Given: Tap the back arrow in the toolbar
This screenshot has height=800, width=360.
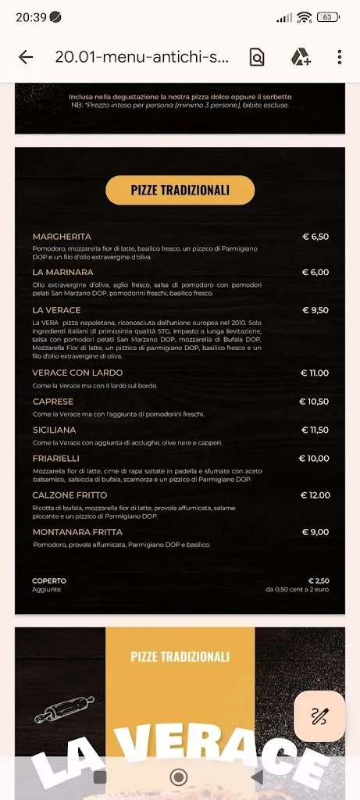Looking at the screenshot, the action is tap(26, 57).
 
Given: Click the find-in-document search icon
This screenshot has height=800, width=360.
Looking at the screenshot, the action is tap(257, 57).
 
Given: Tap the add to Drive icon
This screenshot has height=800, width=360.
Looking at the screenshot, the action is tap(301, 57).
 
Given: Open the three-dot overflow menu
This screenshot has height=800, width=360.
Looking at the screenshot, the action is tap(339, 57).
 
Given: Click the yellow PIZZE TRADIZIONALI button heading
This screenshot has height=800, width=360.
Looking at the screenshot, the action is tap(180, 190).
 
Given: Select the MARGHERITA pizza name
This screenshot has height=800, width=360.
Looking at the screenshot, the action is tap(62, 236).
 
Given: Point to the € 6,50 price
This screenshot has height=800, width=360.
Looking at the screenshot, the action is tap(315, 236).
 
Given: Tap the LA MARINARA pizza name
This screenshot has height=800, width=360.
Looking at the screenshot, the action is tap(62, 272).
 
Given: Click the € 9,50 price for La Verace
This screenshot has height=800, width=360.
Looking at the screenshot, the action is tap(315, 310).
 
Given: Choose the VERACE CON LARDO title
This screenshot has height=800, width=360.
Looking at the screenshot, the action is tap(77, 373).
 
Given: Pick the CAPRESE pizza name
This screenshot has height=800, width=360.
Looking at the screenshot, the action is tap(53, 402).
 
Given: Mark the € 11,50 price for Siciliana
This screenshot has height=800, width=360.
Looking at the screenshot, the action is tap(315, 430).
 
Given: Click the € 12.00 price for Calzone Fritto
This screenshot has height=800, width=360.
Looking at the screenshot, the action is tap(315, 495).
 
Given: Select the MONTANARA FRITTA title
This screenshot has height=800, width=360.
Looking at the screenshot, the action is tap(77, 532).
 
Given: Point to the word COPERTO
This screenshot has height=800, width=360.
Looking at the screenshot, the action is tap(49, 580).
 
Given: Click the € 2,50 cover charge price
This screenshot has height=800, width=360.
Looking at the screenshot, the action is tap(319, 580).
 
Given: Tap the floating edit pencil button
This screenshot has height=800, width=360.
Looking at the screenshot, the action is tap(319, 716).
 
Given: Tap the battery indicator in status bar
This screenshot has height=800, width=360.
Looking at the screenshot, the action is tap(328, 17).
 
